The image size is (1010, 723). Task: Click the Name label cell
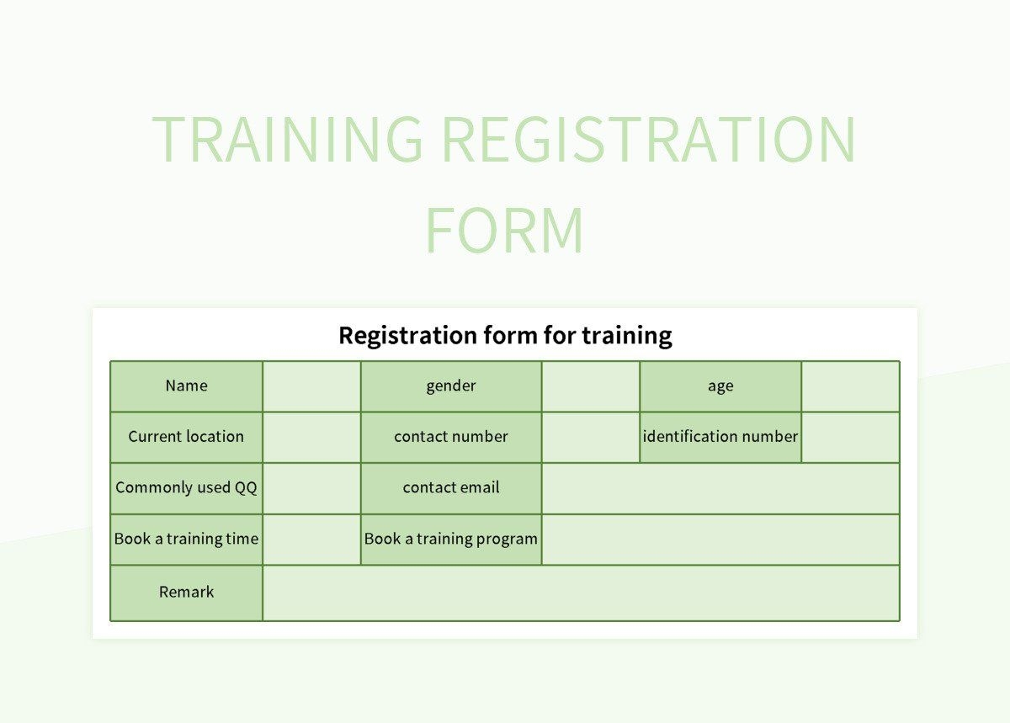(x=186, y=386)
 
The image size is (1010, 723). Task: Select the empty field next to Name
(x=311, y=386)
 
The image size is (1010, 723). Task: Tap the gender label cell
(x=451, y=386)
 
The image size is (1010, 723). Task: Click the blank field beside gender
(x=590, y=386)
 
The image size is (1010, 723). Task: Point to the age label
(x=720, y=386)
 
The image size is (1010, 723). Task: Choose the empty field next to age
(x=850, y=386)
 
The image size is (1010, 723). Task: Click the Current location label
(x=186, y=437)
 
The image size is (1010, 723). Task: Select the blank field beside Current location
(x=311, y=437)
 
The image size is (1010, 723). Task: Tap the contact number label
(x=451, y=437)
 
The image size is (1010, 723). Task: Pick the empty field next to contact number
(x=590, y=437)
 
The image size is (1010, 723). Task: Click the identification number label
(x=720, y=437)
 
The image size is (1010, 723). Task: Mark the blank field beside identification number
(x=850, y=437)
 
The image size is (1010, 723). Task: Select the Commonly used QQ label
(x=186, y=488)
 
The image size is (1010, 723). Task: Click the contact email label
(x=451, y=488)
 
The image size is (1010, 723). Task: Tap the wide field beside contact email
(x=720, y=488)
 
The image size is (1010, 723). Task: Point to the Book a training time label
(x=186, y=540)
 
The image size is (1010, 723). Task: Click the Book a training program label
(x=451, y=540)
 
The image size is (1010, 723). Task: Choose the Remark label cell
(x=186, y=593)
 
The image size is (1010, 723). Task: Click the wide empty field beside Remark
(x=581, y=593)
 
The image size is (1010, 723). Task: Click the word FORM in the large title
(x=504, y=230)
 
